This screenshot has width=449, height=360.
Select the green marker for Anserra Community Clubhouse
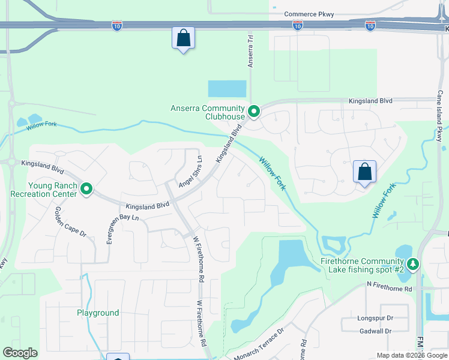[x=254, y=111]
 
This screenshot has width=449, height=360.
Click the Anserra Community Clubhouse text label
[x=208, y=112]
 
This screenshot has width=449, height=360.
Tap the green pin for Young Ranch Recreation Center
[x=86, y=190]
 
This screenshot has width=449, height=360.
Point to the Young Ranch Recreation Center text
[x=44, y=190]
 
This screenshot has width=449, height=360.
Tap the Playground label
[x=98, y=313]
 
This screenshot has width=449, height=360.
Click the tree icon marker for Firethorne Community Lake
[x=412, y=264]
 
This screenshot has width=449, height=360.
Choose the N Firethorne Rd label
[x=390, y=289]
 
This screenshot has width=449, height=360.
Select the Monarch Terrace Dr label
[x=258, y=343]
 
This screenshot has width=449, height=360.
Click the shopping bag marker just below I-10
[x=184, y=38]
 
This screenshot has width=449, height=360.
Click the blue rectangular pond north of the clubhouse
[x=227, y=89]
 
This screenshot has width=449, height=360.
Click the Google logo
[x=20, y=353]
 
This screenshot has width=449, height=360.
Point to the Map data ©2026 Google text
[x=411, y=355]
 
